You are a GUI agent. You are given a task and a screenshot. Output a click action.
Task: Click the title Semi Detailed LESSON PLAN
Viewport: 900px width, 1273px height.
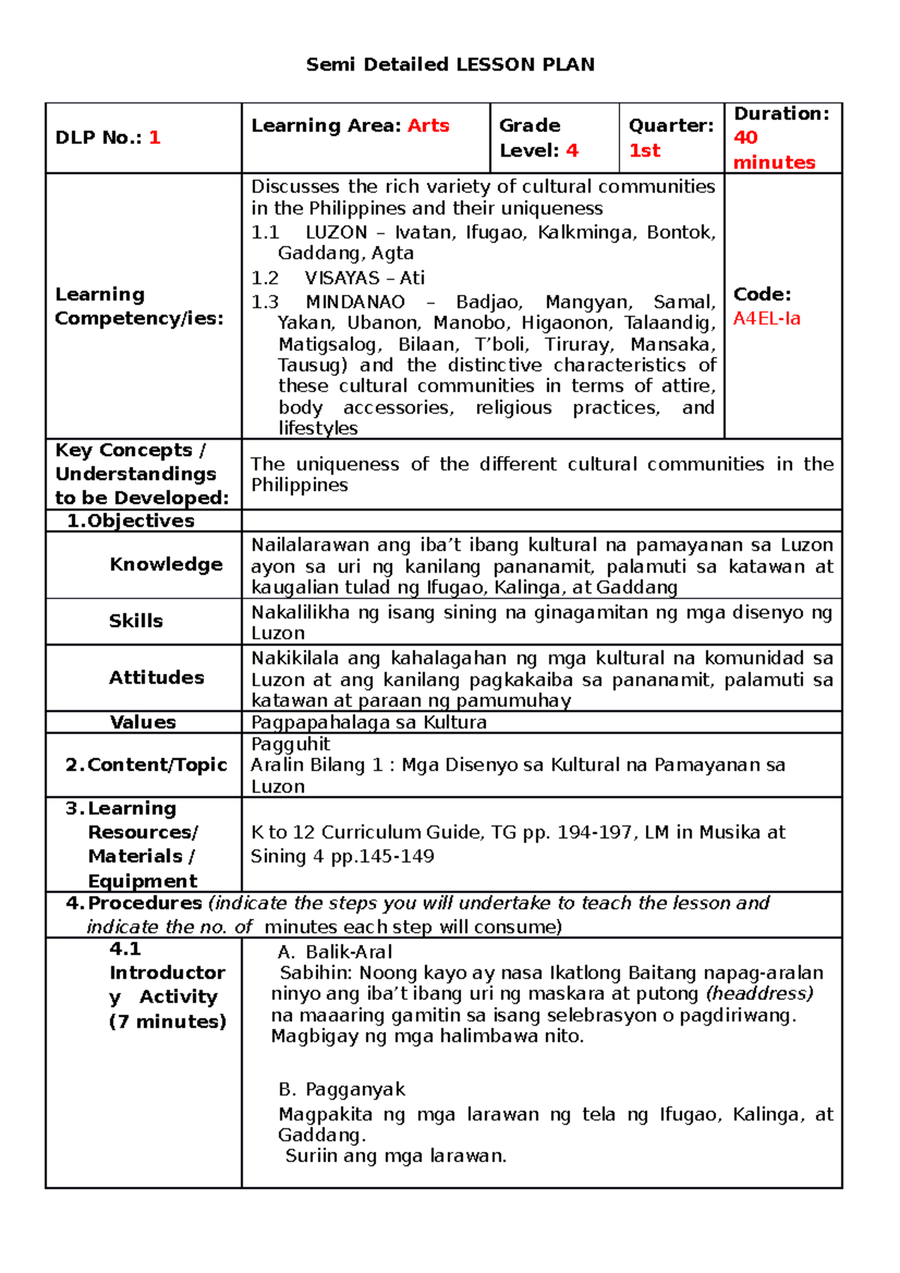coord(450,64)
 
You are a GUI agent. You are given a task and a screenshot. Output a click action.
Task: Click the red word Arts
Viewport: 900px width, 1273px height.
coord(428,125)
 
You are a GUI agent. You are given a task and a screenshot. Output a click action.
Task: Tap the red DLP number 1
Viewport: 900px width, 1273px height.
coord(154,137)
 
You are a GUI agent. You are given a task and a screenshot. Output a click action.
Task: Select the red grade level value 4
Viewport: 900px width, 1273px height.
coord(572,151)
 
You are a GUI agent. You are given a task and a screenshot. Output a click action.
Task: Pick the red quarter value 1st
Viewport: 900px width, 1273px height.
coord(644,151)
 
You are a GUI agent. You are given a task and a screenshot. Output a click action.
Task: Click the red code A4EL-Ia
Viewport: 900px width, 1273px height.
coord(766,319)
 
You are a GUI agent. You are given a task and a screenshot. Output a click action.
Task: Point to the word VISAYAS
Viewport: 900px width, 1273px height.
coord(342,278)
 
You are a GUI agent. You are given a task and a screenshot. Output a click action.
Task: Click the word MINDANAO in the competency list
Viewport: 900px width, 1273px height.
coord(355,302)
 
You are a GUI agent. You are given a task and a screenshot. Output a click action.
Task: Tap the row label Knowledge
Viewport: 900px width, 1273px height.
coord(166,565)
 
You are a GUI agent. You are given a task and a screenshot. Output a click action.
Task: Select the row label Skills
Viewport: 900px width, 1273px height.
coord(136,621)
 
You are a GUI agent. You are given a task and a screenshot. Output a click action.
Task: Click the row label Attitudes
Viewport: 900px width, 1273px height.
coord(157,678)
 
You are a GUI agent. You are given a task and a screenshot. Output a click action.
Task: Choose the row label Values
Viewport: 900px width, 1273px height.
coord(143,722)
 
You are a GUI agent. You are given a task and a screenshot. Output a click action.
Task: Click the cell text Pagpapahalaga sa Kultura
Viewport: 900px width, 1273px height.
coord(368,722)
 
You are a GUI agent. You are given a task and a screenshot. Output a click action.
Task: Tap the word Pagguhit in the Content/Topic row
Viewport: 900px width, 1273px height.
coord(290,744)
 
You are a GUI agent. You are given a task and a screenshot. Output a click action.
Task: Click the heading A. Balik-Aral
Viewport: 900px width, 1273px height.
coord(334,952)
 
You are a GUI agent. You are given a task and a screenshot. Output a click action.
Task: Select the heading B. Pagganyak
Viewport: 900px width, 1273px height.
coord(341,1089)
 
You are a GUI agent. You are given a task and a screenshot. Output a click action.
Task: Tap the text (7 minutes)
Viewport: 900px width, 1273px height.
coord(167,1021)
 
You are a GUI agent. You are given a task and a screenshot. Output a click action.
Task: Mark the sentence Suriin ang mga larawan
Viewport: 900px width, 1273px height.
coord(396,1156)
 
